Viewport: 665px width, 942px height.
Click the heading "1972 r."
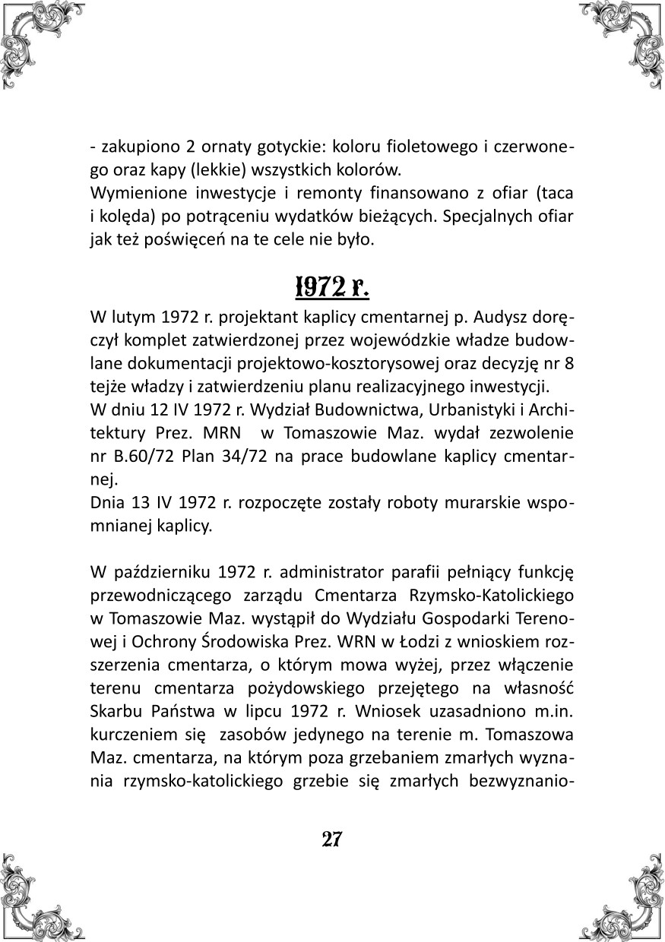tap(331, 287)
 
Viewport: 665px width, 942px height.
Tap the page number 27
tap(332, 839)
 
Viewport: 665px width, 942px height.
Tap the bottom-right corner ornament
tap(630, 907)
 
